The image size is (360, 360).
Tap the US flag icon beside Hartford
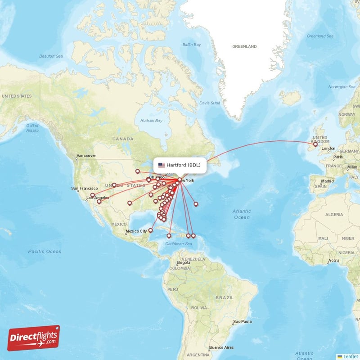(x=162, y=165)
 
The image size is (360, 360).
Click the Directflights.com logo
(x=34, y=338)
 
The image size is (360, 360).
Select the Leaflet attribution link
(x=350, y=356)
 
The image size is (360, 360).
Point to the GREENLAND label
(x=244, y=46)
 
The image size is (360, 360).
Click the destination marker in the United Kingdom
(x=315, y=144)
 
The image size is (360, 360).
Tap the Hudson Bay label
(x=151, y=121)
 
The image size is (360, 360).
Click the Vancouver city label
(x=86, y=156)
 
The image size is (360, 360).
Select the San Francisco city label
(x=85, y=189)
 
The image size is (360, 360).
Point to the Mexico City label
(x=136, y=231)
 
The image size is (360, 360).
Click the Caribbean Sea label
(x=178, y=243)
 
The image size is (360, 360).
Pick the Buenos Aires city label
(x=221, y=347)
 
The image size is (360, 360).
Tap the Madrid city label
(x=327, y=181)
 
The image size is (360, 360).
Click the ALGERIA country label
(x=334, y=215)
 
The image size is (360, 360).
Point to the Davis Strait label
(x=210, y=103)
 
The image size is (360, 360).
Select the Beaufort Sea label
(x=51, y=56)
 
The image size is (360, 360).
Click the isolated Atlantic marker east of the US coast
(x=196, y=204)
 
